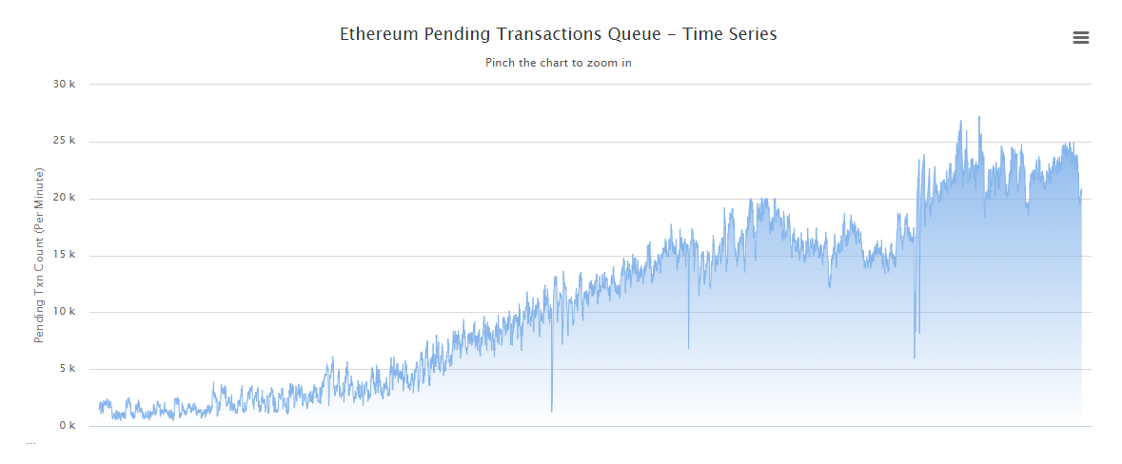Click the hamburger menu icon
1080,38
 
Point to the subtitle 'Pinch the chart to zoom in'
559,63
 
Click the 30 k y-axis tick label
64,85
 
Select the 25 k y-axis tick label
64,142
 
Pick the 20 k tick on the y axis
64,199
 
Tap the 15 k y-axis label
64,256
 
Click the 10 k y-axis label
64,312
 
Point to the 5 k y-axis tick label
67,369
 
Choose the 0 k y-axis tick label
67,426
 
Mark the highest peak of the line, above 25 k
979,117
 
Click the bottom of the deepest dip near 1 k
552,412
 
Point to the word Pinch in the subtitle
501,63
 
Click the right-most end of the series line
1082,189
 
